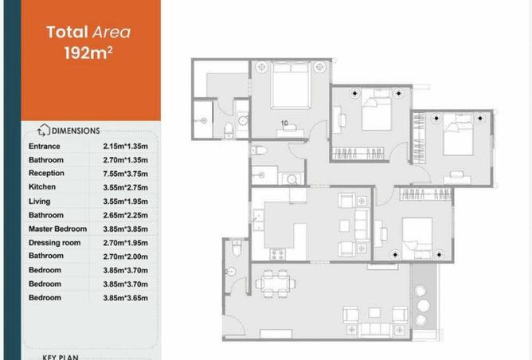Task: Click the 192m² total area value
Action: (88, 53)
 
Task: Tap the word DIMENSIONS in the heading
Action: (76, 131)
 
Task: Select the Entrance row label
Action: (45, 147)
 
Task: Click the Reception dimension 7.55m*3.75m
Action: (126, 174)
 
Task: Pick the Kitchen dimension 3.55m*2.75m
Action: (126, 187)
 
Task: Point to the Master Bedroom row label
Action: (57, 229)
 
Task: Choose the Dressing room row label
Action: (55, 243)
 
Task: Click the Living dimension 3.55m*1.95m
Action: (126, 202)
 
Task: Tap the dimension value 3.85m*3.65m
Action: (126, 298)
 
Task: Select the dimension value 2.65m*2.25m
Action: (126, 215)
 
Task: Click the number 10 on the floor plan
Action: (284, 123)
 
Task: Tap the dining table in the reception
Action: (276, 284)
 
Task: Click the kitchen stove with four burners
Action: (277, 255)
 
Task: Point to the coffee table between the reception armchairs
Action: (374, 312)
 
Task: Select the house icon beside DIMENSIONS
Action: (44, 131)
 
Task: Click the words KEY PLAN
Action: (61, 357)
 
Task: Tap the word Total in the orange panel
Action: (67, 32)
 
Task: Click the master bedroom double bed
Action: (291, 85)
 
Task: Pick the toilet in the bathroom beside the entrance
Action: (237, 247)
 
